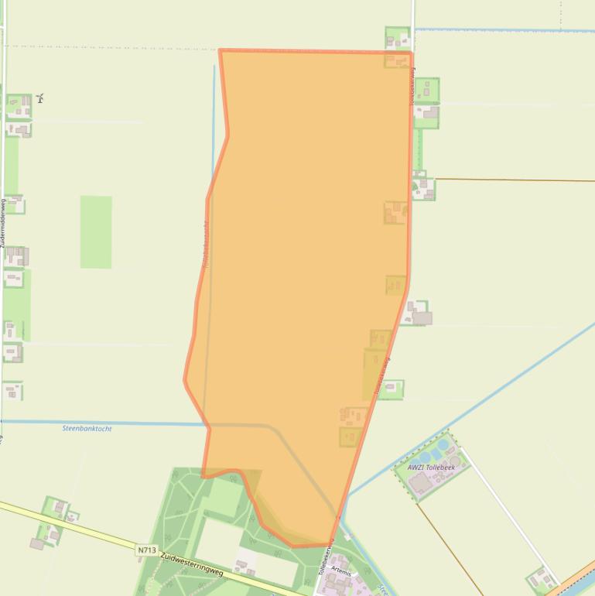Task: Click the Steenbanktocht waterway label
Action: (87, 428)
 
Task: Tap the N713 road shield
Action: (147, 550)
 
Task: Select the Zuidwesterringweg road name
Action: (192, 564)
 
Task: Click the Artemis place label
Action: (340, 571)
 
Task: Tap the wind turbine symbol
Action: (39, 98)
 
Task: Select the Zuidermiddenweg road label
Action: (3, 224)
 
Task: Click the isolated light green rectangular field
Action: (96, 231)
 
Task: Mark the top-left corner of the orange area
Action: (221, 51)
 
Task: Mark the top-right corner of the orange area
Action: (411, 53)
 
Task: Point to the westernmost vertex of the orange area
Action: (185, 379)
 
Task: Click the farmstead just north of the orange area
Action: (397, 38)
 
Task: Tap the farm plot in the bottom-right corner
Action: (541, 578)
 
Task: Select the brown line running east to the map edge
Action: (518, 180)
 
